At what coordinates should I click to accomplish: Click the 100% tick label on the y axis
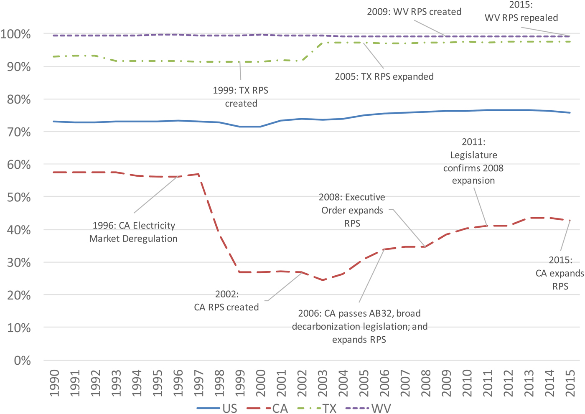[x=15, y=34]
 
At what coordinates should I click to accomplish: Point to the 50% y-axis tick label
[x=19, y=197]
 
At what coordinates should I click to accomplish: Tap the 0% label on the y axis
[x=22, y=361]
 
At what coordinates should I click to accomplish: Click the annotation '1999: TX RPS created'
[x=241, y=97]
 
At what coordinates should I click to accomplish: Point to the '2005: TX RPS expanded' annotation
[x=384, y=76]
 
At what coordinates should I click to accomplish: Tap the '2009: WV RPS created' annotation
[x=414, y=12]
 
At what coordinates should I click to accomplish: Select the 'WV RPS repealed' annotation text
[x=521, y=18]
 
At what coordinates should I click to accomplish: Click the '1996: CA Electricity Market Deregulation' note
[x=133, y=232]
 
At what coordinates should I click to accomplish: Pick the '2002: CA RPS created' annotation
[x=226, y=301]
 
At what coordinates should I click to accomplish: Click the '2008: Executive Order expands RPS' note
[x=352, y=210]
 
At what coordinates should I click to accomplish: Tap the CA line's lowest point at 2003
[x=323, y=280]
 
